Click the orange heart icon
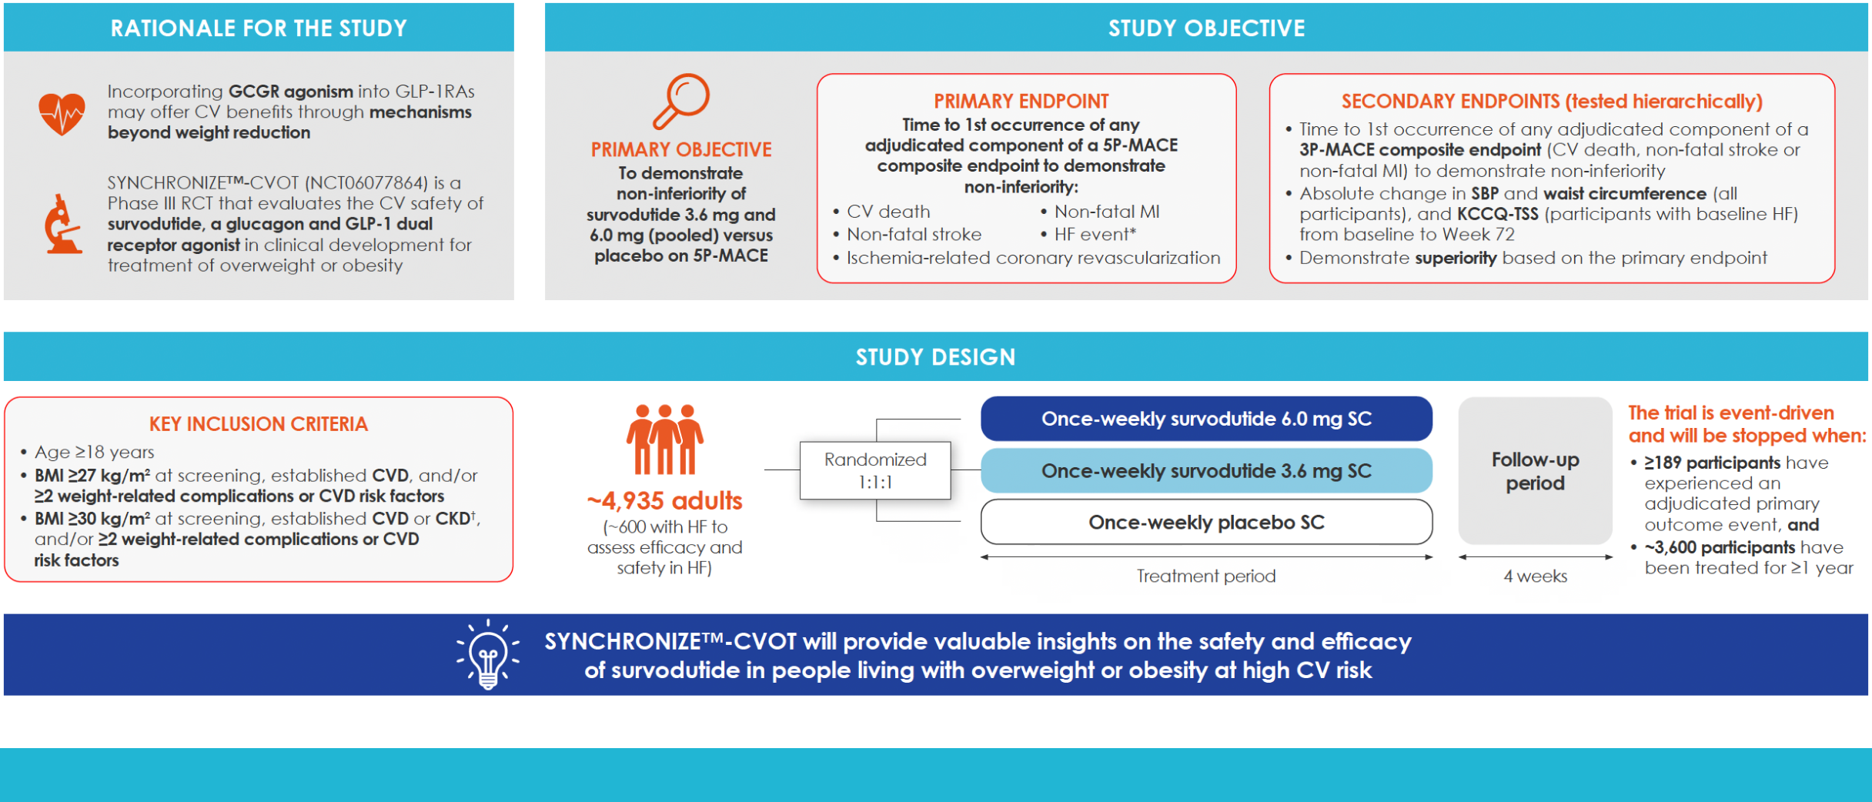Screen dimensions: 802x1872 [62, 113]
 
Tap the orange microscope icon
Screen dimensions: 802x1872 [62, 225]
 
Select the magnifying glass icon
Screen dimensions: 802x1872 [681, 101]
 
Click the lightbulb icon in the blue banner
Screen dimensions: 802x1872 [487, 656]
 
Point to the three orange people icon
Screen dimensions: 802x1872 [664, 439]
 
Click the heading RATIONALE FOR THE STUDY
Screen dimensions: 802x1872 [259, 28]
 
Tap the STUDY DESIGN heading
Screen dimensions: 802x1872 [935, 357]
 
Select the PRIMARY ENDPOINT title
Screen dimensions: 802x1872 [1021, 102]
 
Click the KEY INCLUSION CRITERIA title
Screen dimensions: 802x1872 [259, 424]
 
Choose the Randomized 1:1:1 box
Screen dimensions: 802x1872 [875, 470]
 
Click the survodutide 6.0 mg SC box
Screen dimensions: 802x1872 [1205, 419]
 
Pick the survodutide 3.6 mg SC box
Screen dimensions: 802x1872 [1205, 471]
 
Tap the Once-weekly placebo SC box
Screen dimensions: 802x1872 [1205, 523]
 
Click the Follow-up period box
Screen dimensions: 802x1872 [1535, 471]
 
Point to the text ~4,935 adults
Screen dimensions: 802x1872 [664, 501]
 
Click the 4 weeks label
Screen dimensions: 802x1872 [1535, 576]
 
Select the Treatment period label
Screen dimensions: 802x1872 [1205, 576]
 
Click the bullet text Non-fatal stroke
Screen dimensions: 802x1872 [914, 235]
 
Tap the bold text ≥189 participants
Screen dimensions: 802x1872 [1712, 463]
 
